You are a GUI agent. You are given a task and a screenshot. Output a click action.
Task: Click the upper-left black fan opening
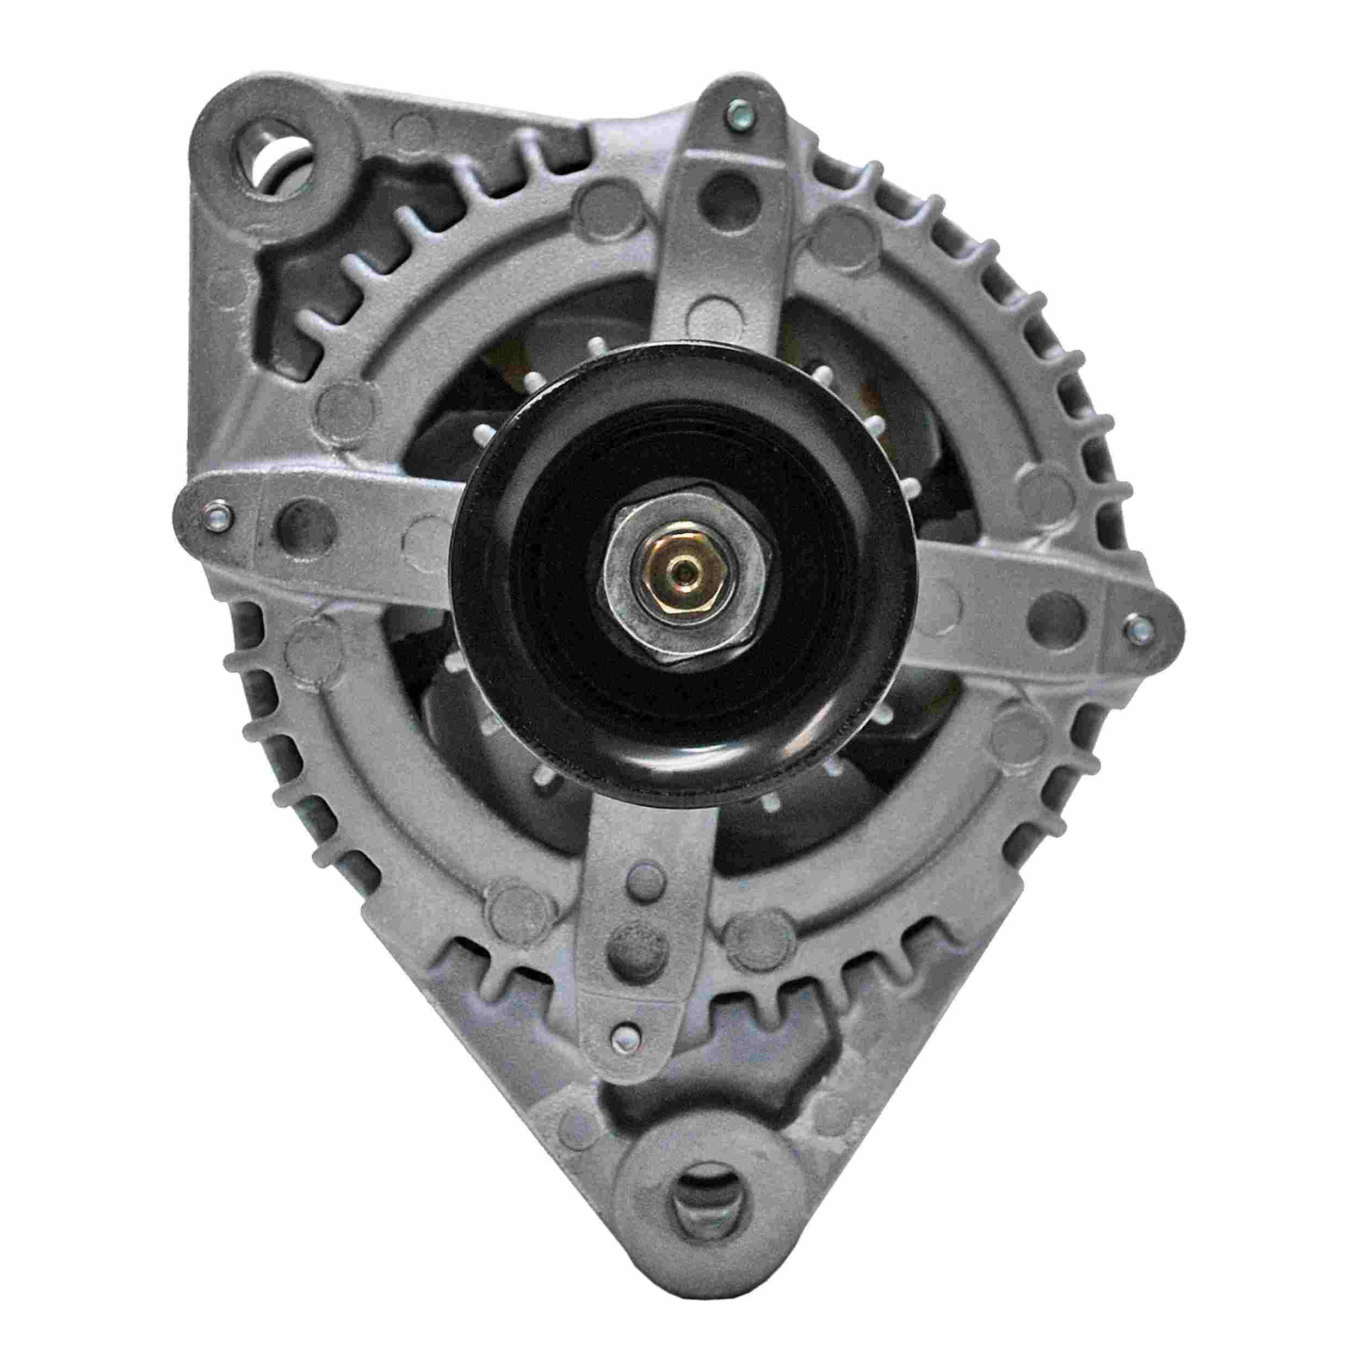coord(486,394)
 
